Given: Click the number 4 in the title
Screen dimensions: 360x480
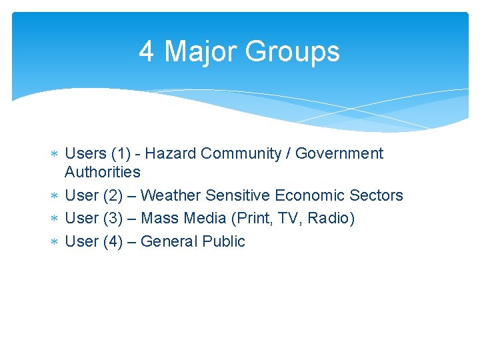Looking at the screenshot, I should [147, 51].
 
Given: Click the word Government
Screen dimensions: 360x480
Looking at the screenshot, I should [339, 153].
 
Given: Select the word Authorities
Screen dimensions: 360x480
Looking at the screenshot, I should [103, 172].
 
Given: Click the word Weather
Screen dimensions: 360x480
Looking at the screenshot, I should [171, 195].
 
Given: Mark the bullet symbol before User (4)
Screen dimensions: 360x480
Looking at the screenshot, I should [55, 241].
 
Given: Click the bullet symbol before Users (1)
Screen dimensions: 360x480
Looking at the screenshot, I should [55, 154].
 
